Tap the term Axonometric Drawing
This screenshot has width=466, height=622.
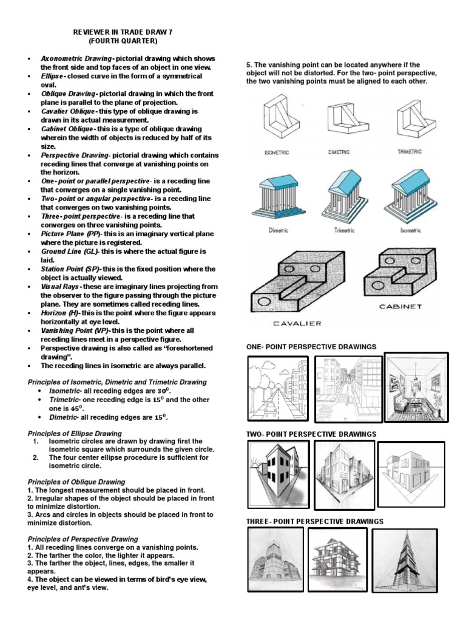tap(76, 60)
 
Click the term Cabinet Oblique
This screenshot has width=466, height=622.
tap(67, 129)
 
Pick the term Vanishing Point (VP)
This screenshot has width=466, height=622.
tap(71, 330)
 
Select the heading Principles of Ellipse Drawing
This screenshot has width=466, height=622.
tap(75, 433)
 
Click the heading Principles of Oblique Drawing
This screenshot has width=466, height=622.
tap(76, 482)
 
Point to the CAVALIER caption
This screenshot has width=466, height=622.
tap(289, 323)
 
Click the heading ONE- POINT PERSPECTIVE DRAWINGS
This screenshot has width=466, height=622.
tap(311, 347)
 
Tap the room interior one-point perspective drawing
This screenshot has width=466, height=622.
tap(417, 388)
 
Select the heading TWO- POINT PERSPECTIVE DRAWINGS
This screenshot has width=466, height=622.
tap(311, 434)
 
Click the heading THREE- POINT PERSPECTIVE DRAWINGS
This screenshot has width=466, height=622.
tap(314, 521)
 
